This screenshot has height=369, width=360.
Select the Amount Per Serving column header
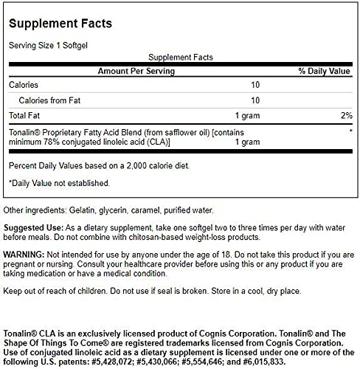point(137,71)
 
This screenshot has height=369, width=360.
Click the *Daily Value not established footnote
point(59,182)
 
